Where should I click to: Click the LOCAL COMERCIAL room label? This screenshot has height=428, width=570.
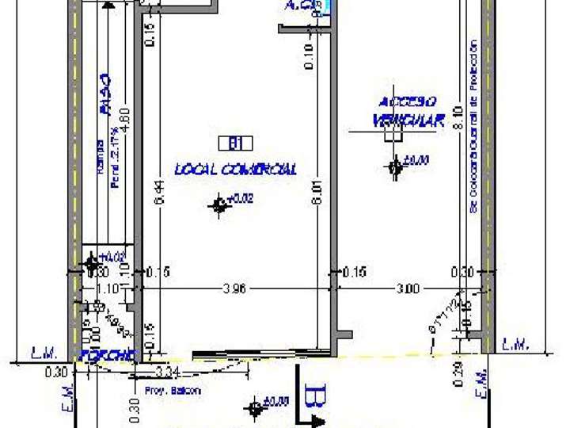(236, 169)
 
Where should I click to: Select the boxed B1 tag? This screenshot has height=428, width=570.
(235, 143)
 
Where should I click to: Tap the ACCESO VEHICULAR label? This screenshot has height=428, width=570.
(408, 111)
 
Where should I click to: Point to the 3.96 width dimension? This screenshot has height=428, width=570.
(235, 289)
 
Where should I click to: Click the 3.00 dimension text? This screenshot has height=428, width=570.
(407, 289)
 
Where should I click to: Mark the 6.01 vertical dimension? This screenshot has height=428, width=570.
(317, 196)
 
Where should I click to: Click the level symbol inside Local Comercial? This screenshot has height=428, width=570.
(219, 205)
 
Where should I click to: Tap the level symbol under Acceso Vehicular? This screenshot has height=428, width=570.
(395, 166)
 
